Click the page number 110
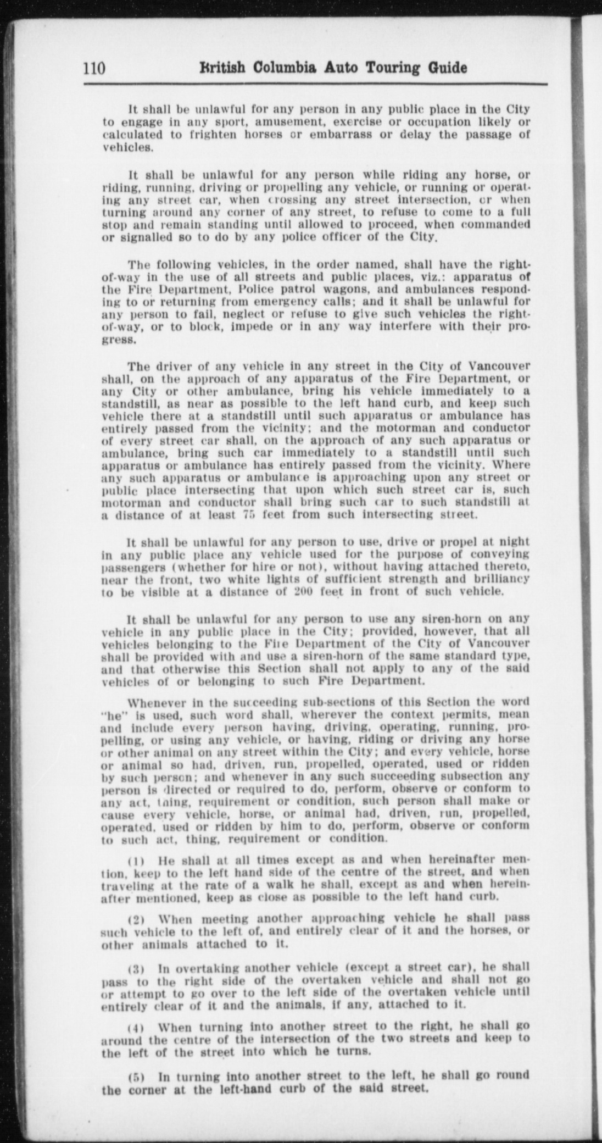94,68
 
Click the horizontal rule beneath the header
315,84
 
